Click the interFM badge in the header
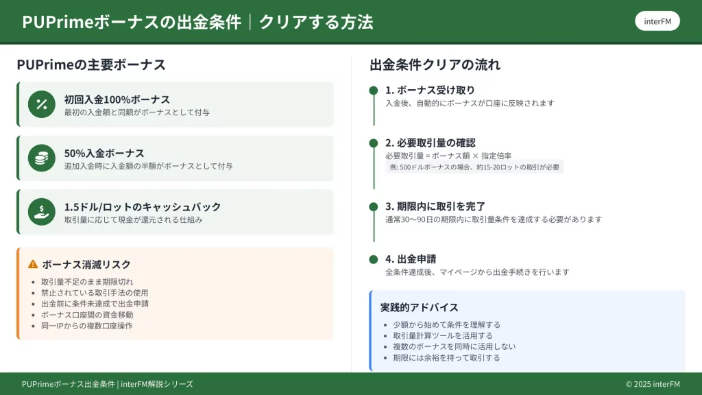pyautogui.click(x=657, y=21)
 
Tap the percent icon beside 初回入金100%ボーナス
pyautogui.click(x=42, y=104)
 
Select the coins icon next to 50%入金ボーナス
pyautogui.click(x=42, y=158)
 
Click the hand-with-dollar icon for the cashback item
pyautogui.click(x=42, y=212)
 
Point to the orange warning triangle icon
pyautogui.click(x=33, y=264)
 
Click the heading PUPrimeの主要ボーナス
pyautogui.click(x=91, y=64)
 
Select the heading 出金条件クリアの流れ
pyautogui.click(x=435, y=64)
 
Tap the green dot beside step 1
pyautogui.click(x=374, y=91)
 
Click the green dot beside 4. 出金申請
pyautogui.click(x=374, y=259)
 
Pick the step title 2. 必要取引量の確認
pyautogui.click(x=431, y=143)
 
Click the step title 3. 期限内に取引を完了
pyautogui.click(x=435, y=206)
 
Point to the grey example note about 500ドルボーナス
pyautogui.click(x=474, y=167)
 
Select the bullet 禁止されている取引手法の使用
pyautogui.click(x=95, y=293)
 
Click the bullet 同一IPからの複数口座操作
pyautogui.click(x=87, y=326)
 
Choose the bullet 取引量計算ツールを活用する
pyautogui.click(x=443, y=335)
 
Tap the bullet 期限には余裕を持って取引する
pyautogui.click(x=446, y=358)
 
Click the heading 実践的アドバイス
pyautogui.click(x=419, y=307)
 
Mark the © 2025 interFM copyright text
pyautogui.click(x=653, y=384)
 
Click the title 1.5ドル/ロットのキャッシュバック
pyautogui.click(x=143, y=207)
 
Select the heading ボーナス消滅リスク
pyautogui.click(x=86, y=264)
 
